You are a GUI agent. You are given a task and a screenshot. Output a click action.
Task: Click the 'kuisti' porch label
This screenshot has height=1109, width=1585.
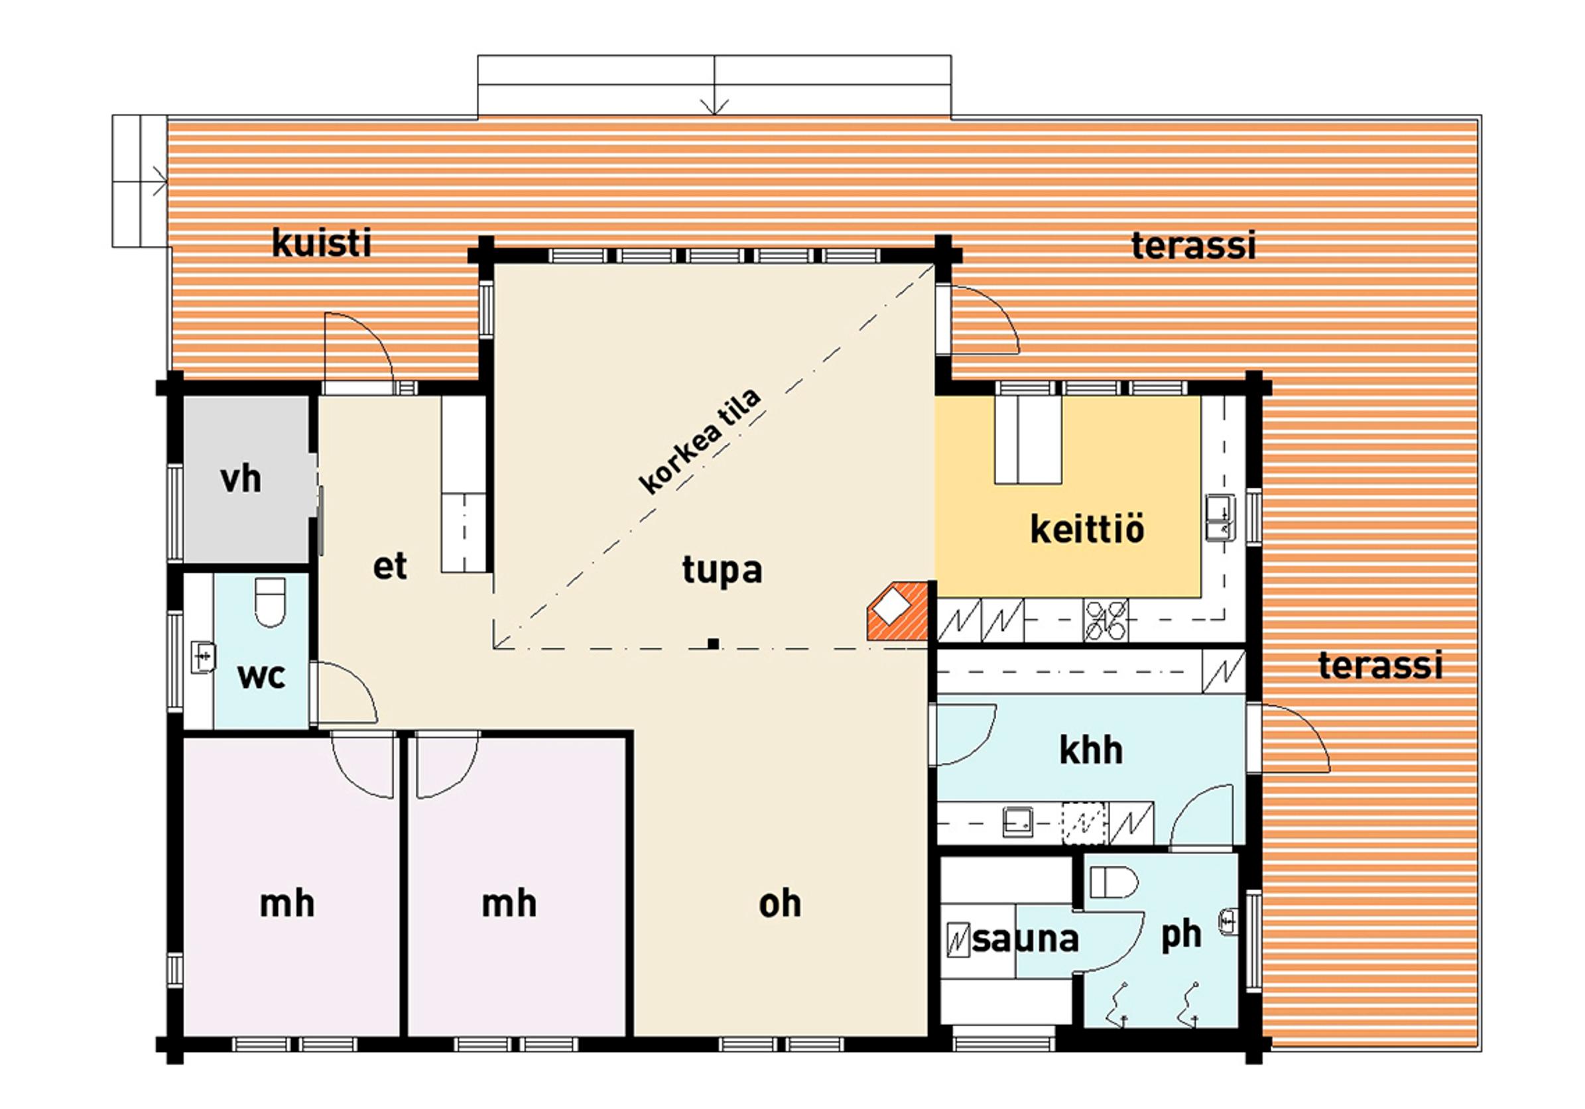pos(322,243)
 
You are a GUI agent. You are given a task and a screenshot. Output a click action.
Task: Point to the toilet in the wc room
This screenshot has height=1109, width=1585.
pos(270,602)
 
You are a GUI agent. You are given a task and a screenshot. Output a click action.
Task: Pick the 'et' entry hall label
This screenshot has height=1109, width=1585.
pos(390,567)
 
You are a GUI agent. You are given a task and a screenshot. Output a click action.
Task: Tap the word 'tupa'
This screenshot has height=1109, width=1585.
pos(722,571)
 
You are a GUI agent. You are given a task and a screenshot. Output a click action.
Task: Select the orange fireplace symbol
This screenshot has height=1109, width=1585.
pos(897,611)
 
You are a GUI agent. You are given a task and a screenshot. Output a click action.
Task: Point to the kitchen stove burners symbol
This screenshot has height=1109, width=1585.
pos(1106,619)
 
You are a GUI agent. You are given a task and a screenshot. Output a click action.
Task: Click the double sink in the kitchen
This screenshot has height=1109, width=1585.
pos(1218,517)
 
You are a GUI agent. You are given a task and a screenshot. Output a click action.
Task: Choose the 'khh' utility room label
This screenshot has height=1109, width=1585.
pos(1091,751)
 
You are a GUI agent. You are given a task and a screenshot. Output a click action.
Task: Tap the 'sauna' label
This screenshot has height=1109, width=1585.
pos(1025,939)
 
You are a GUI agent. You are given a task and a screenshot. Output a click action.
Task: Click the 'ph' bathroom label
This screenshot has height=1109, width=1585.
pos(1181,936)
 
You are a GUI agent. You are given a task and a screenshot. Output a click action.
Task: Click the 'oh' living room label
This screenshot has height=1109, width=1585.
pos(780,905)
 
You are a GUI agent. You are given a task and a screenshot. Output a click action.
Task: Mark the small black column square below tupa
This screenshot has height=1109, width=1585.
pos(713,644)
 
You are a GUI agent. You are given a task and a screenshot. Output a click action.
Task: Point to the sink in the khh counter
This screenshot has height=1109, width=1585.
pos(1018,821)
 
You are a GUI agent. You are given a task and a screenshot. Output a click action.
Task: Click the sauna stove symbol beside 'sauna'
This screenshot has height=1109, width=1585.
pos(958,940)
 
